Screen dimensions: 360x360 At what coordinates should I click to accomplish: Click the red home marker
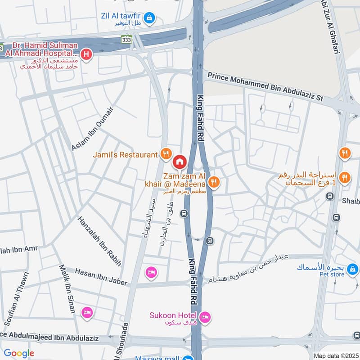tap(179, 161)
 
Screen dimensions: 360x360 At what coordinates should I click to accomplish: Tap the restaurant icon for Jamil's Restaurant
tap(166, 155)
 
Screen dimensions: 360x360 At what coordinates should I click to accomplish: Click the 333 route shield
tap(126, 40)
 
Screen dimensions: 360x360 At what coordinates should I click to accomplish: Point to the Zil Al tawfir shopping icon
tap(151, 18)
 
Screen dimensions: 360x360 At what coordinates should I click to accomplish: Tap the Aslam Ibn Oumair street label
tap(92, 128)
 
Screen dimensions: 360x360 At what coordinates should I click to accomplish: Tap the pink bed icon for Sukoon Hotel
tap(205, 318)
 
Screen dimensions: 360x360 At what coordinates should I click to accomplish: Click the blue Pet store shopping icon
tap(353, 269)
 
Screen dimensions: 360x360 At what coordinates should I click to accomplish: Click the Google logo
tap(19, 353)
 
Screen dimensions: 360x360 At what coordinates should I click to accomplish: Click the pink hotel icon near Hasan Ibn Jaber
tap(151, 272)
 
